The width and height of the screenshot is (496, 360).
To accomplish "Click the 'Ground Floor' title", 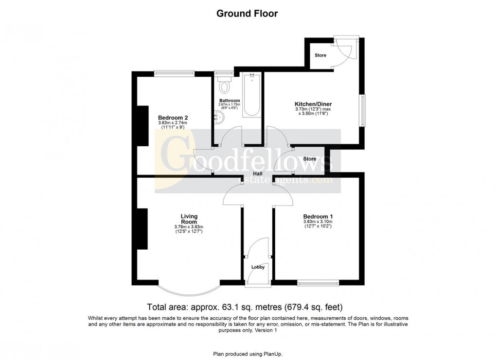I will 247,14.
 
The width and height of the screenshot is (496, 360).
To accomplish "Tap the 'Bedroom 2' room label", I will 173,118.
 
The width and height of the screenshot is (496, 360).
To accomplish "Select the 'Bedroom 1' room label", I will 318,216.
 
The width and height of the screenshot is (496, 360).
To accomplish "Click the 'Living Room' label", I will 189,219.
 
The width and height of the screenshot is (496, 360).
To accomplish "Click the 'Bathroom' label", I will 230,101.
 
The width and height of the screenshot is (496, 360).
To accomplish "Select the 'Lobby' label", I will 258,267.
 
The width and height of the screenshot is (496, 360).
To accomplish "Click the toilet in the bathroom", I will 224,86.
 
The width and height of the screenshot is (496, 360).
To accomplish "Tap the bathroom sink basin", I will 217,116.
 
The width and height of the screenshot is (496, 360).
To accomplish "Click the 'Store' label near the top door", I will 320,55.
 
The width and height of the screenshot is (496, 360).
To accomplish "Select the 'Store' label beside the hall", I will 309,159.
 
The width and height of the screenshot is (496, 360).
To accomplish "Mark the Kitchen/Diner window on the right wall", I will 362,110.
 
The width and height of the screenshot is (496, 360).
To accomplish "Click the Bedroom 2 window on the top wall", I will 174,73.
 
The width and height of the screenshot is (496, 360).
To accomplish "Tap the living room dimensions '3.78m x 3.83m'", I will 188,227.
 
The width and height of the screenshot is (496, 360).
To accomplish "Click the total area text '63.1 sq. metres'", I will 247,307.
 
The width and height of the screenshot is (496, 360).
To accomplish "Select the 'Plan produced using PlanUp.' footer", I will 247,354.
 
